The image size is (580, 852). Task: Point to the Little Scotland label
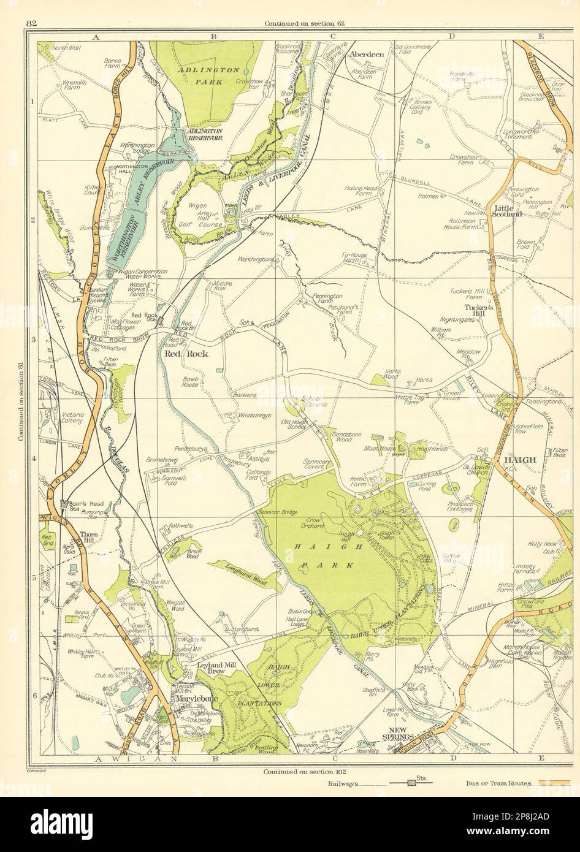506,211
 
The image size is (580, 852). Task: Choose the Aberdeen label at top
366,54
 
